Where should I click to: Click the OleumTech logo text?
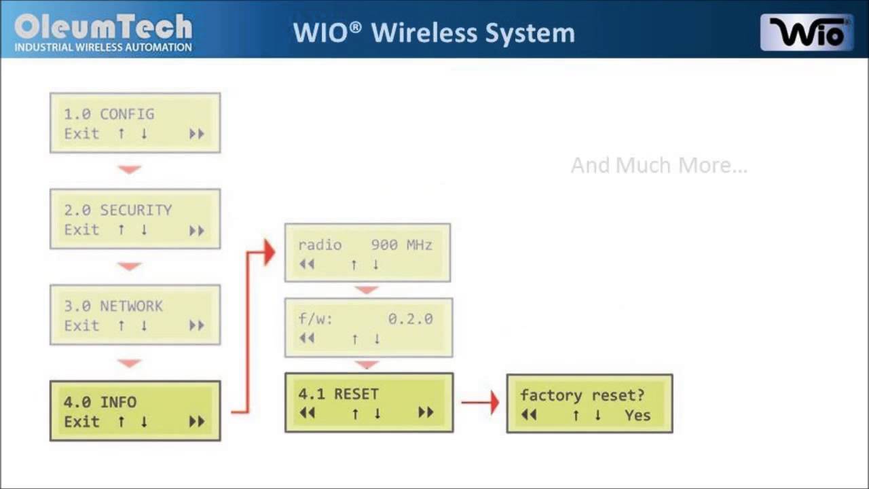pos(103,27)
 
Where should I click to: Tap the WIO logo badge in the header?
pos(807,33)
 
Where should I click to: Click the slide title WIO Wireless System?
pos(434,33)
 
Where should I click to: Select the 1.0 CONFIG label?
pos(109,114)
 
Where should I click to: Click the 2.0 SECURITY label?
pos(117,210)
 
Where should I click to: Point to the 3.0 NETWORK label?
pos(113,306)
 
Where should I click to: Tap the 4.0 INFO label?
pos(100,402)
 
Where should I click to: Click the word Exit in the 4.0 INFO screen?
pos(81,422)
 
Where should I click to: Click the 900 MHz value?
pos(401,244)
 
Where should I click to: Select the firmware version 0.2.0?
pos(410,319)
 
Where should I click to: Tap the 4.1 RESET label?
pos(338,394)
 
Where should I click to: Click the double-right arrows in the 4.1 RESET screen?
pos(426,412)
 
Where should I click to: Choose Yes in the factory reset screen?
pos(637,415)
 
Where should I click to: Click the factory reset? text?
pos(582,395)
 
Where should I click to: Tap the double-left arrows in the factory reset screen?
pos(529,415)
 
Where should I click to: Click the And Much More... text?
pos(659,166)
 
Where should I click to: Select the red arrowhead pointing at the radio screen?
pos(270,253)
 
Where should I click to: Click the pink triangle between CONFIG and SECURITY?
pos(129,170)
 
